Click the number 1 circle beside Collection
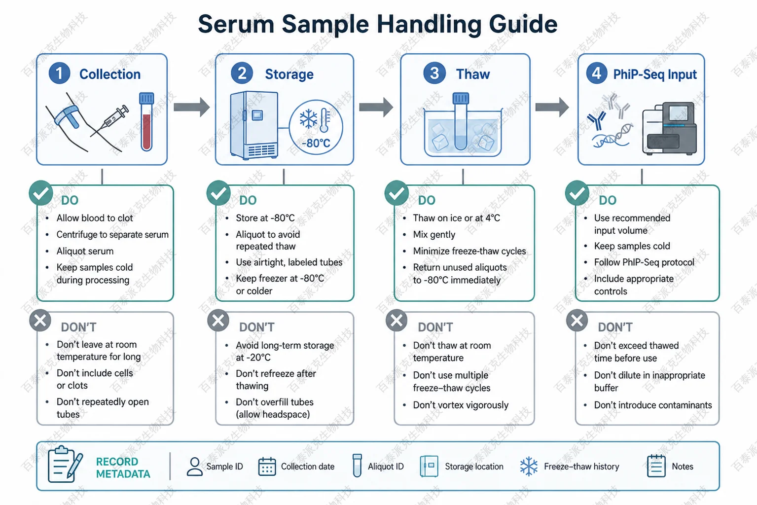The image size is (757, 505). pos(60,73)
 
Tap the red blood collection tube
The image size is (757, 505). pos(146,122)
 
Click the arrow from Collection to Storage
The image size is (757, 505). pos(192,107)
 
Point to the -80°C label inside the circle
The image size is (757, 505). pos(316,144)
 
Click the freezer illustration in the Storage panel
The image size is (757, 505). pos(254,125)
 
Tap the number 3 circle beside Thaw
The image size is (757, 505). pos(434,73)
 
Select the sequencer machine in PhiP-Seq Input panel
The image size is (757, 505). pos(669,128)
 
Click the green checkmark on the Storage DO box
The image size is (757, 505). pos(218,193)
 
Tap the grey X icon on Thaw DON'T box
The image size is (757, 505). pos(397,320)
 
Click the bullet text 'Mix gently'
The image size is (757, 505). pos(434,234)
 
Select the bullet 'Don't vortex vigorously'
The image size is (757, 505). pos(461,405)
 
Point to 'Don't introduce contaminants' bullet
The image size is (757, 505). pos(653,405)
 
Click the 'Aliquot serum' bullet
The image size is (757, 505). pos(85,251)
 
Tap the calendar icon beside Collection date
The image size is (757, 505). pos(267,467)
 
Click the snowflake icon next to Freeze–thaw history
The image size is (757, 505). pos(529,467)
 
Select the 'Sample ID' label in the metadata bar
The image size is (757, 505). pos(224,467)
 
